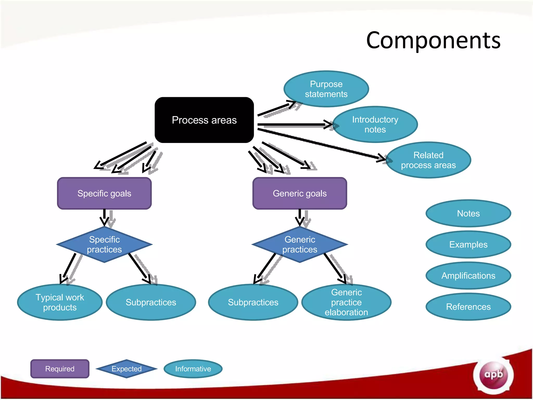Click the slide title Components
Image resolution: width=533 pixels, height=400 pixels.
[433, 40]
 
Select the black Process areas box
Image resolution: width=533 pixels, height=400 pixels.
[204, 120]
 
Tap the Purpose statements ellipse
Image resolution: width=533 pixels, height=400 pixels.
[326, 89]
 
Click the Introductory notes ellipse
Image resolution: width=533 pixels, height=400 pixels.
[375, 124]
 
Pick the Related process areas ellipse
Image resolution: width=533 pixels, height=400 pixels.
[428, 160]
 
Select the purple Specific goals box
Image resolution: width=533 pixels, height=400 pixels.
[104, 193]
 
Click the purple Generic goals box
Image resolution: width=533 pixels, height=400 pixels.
[300, 193]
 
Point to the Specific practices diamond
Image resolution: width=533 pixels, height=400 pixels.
[104, 245]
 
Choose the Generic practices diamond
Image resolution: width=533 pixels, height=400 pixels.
[300, 245]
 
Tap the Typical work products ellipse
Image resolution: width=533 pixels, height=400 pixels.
[60, 302]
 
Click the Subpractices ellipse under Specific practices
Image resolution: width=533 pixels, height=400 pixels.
[151, 302]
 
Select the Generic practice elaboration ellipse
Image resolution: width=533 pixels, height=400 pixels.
[346, 302]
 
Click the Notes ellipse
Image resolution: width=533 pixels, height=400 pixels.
[468, 214]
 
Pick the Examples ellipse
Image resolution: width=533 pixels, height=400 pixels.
[468, 245]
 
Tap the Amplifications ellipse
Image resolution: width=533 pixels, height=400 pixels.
[468, 276]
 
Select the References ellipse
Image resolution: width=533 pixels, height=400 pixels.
[468, 307]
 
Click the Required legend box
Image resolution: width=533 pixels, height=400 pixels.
[60, 369]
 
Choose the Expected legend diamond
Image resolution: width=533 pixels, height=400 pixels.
[126, 369]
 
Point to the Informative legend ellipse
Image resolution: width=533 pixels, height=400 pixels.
[193, 369]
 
